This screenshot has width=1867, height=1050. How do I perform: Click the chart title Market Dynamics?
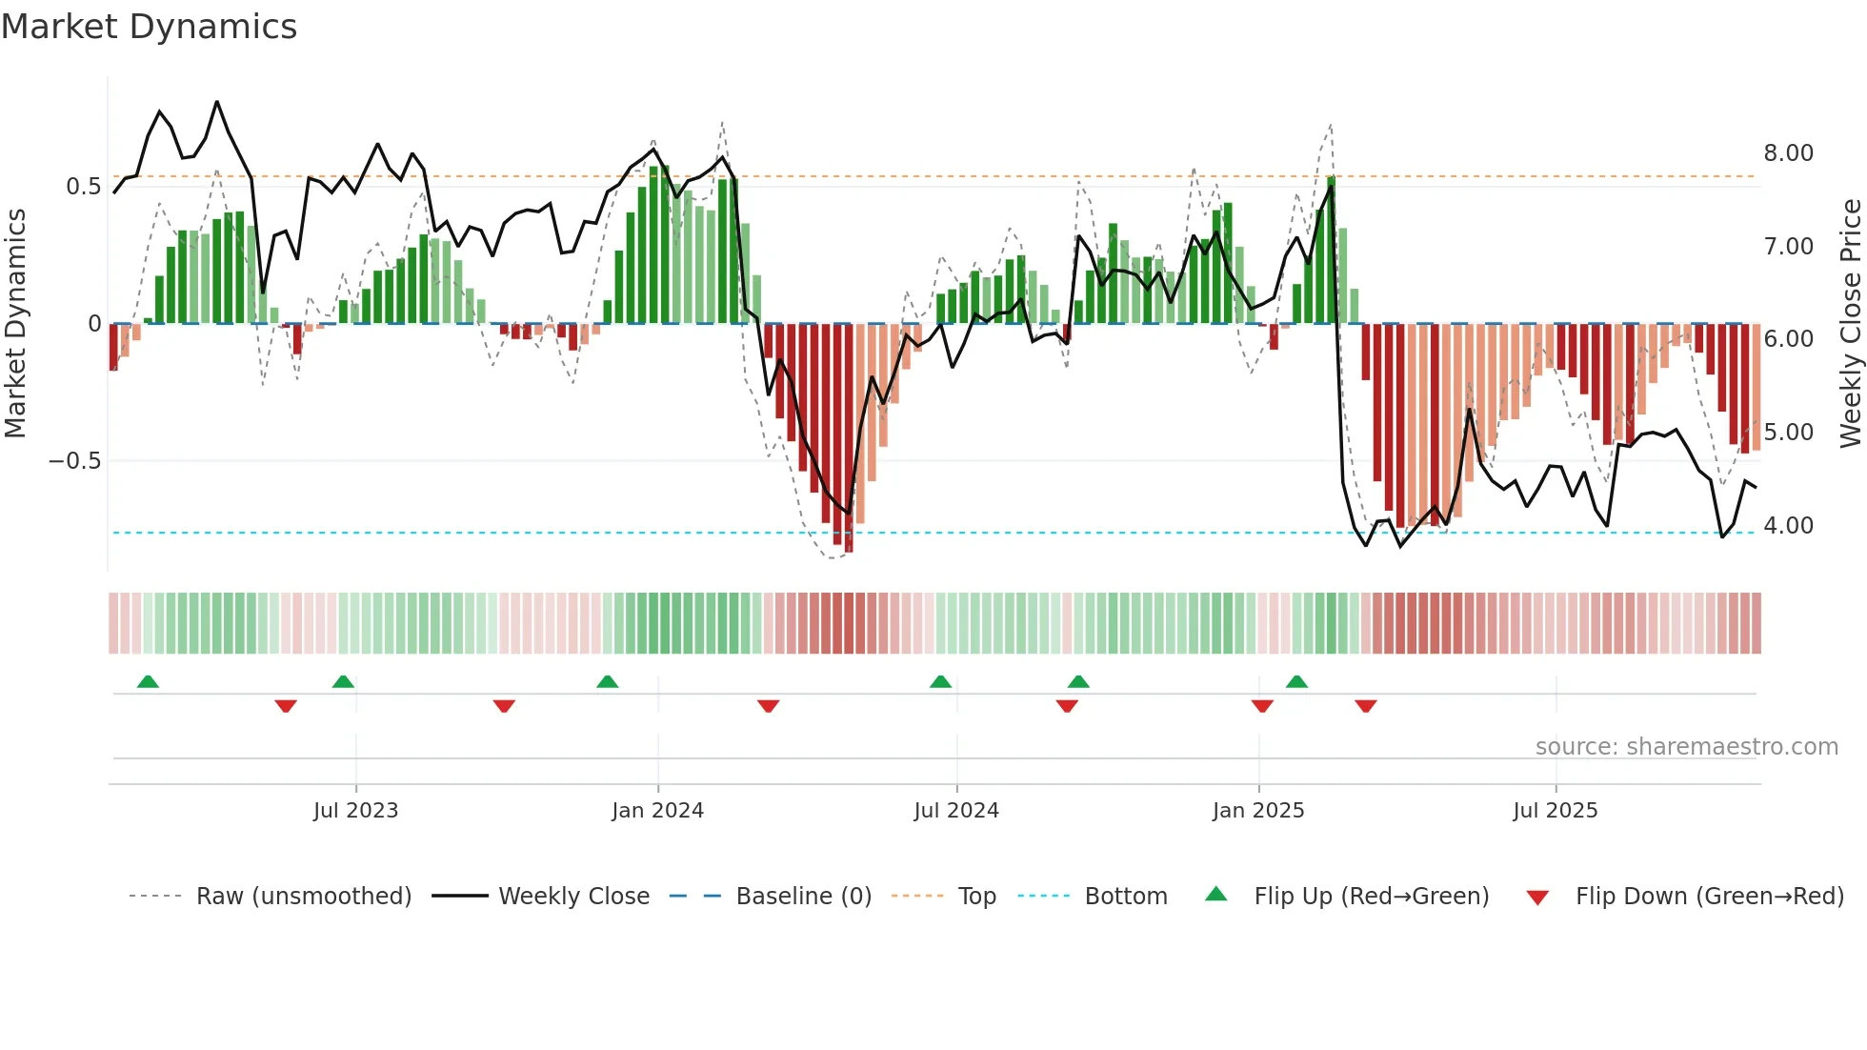tap(149, 27)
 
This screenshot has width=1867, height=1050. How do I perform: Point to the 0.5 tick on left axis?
tap(83, 186)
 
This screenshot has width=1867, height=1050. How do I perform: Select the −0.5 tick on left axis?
tap(74, 461)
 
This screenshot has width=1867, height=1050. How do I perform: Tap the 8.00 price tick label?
tap(1788, 153)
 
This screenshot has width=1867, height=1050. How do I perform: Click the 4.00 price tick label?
tap(1788, 526)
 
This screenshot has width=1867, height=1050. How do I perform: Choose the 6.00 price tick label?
tap(1788, 339)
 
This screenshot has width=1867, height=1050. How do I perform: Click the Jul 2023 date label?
tap(355, 811)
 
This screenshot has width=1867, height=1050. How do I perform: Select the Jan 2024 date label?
tap(657, 811)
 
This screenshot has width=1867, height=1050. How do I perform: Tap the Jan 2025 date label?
tap(1257, 811)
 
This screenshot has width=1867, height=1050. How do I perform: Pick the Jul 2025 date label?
tap(1555, 811)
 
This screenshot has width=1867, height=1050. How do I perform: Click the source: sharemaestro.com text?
tap(1686, 747)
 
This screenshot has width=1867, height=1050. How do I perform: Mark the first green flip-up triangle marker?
tap(148, 681)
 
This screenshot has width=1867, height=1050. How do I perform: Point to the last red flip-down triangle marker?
tap(1365, 706)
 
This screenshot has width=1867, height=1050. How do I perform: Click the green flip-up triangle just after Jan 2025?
tap(1296, 681)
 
